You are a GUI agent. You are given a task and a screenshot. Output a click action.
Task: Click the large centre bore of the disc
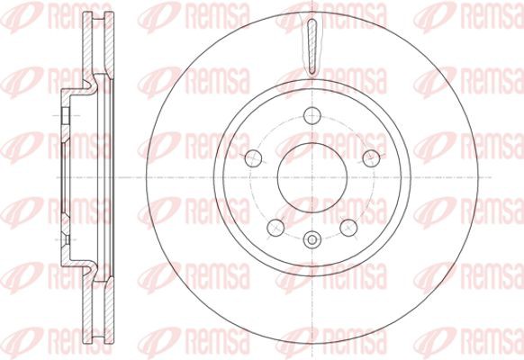pos(312,177)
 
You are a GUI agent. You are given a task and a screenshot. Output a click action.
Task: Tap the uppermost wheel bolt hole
pos(312,115)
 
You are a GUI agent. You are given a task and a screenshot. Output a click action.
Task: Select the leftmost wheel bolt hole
pos(253,158)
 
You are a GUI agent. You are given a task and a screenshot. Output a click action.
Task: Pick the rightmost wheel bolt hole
pos(371,158)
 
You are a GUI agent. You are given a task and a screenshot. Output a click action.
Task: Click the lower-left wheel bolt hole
pos(276,228)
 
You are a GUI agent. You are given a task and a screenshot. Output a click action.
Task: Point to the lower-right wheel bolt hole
pos(348,228)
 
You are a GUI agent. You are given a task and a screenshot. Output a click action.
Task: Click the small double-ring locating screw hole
pos(312,239)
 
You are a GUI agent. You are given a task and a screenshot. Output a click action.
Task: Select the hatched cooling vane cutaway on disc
pos(312,47)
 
